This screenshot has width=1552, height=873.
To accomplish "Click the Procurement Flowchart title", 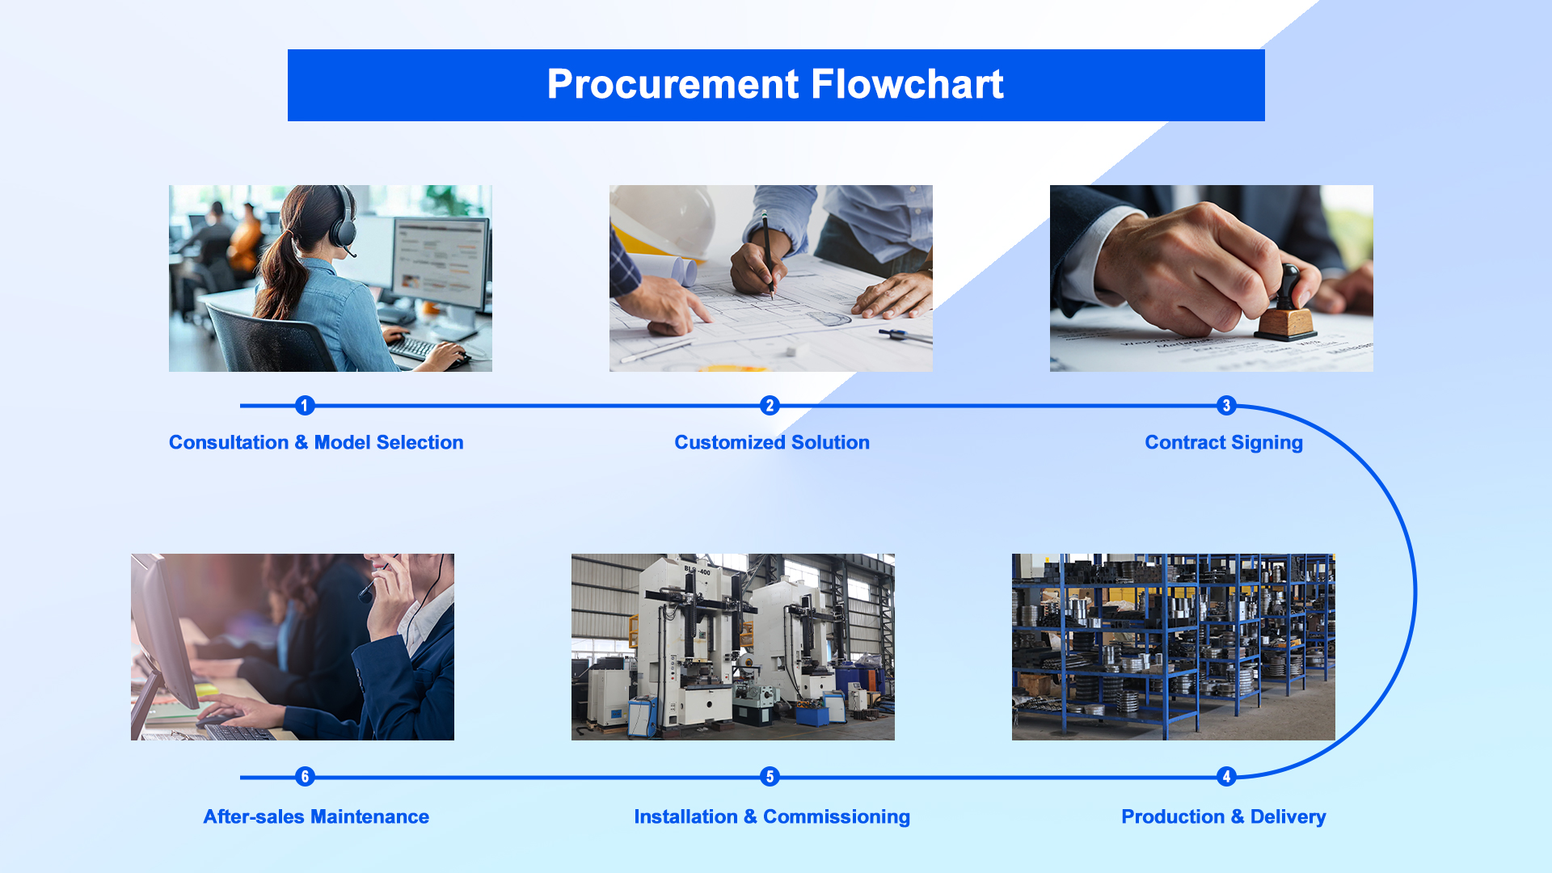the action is [x=775, y=84].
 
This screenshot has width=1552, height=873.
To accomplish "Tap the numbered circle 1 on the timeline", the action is [x=305, y=405].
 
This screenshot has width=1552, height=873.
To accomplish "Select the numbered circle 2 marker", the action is [x=770, y=405].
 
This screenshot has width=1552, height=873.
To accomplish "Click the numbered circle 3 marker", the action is [x=1226, y=405].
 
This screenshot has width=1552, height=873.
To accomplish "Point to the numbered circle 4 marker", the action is [x=1226, y=777].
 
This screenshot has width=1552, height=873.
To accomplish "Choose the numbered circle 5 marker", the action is [x=770, y=777].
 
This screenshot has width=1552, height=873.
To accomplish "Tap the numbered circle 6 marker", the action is [x=305, y=777].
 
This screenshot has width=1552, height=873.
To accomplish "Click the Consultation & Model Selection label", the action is [x=316, y=442].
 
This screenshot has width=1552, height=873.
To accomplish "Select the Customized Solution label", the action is [x=772, y=442].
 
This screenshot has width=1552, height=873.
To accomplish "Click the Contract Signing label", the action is [x=1224, y=443].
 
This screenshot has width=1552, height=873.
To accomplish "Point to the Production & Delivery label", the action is [x=1224, y=817].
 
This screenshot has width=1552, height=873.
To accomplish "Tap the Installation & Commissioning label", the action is [x=772, y=817].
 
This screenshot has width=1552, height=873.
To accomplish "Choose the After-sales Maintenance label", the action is [x=316, y=816].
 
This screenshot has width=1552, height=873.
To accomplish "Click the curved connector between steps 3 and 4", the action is [x=1415, y=591].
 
